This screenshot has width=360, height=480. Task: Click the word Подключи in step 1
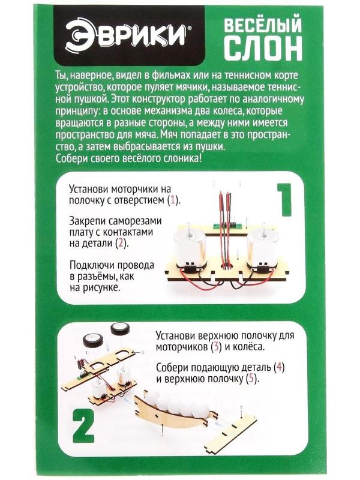pyautogui.click(x=95, y=265)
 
